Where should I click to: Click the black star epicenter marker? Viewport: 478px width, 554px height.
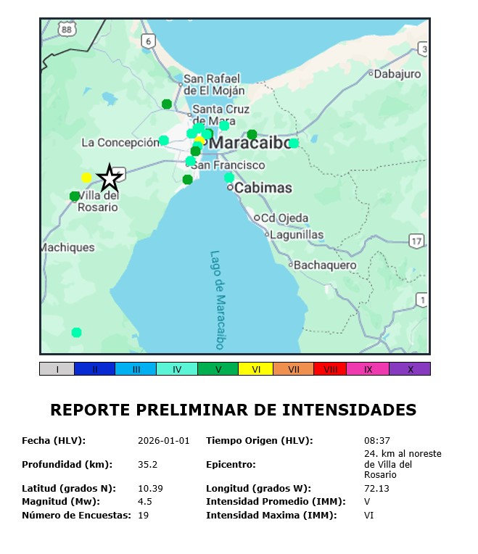pos(110,177)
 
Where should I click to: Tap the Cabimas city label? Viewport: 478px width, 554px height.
pos(263,188)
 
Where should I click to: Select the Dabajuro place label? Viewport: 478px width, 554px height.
pos(397,73)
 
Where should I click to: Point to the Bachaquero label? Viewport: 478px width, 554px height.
pos(325,265)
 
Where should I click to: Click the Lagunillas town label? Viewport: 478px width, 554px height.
pos(297,234)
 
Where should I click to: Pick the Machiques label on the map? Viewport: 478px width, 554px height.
pos(67,247)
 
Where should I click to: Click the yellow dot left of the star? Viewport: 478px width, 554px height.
pos(86,178)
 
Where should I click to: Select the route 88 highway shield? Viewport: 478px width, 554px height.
pos(67,28)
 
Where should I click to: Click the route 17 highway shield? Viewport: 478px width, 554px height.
pos(415,241)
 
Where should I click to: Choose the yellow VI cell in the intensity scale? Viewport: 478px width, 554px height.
pos(256,369)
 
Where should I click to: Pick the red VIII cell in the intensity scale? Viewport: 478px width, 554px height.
pos(330,369)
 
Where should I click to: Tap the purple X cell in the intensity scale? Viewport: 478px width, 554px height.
pos(410,369)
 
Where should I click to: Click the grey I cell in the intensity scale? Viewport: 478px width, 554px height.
pos(57,369)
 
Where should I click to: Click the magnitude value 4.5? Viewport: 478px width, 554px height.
pos(145,501)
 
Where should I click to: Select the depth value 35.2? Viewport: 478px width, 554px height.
pos(148,464)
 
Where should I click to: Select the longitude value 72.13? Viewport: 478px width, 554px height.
pos(376,488)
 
